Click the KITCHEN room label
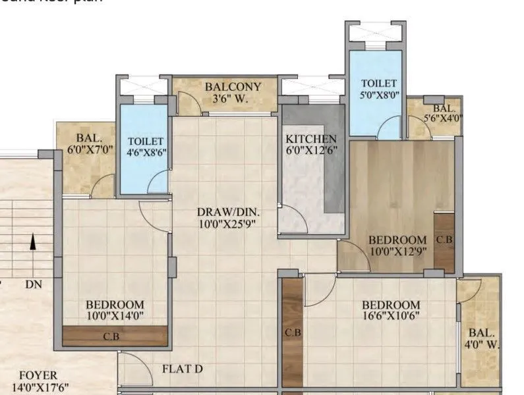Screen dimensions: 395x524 click(311, 140)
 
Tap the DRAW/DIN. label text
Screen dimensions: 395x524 click(228, 212)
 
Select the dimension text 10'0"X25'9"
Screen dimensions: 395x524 click(228, 224)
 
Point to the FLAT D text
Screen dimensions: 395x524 click(182, 369)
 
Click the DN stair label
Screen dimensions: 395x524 click(33, 284)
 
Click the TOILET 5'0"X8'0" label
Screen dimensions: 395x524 click(379, 90)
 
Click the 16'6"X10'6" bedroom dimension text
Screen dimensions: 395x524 click(390, 316)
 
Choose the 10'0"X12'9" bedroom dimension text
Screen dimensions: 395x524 click(397, 251)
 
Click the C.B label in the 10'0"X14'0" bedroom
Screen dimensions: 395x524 click(112, 336)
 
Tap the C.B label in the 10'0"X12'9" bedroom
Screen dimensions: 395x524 click(445, 240)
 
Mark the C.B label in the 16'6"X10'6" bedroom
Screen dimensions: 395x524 click(293, 332)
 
